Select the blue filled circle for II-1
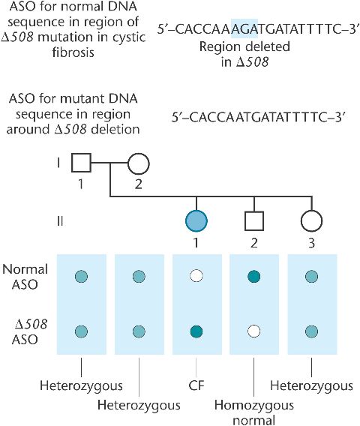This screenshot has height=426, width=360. pos(196,221)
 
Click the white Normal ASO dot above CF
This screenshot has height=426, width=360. pos(196,277)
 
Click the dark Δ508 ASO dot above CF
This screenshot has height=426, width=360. pos(196,331)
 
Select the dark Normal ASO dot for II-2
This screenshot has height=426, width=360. pos(254,277)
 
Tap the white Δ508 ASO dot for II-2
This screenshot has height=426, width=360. pos(254,331)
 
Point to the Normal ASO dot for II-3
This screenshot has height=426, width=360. pos(312,277)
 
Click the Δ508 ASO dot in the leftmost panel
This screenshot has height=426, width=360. pos(81,331)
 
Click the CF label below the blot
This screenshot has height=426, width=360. pos(196,385)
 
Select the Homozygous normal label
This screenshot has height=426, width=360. pos(254,412)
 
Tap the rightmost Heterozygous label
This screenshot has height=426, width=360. pos(312,386)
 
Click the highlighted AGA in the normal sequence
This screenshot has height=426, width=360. pos(244,28)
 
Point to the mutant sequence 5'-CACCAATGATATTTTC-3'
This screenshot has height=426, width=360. pos(258,117)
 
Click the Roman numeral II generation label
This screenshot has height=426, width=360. pos(60,221)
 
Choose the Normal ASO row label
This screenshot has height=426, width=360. pos(25,277)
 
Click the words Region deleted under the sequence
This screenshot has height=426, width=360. pos(244,46)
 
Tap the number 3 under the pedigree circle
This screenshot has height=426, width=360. pos(312,242)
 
